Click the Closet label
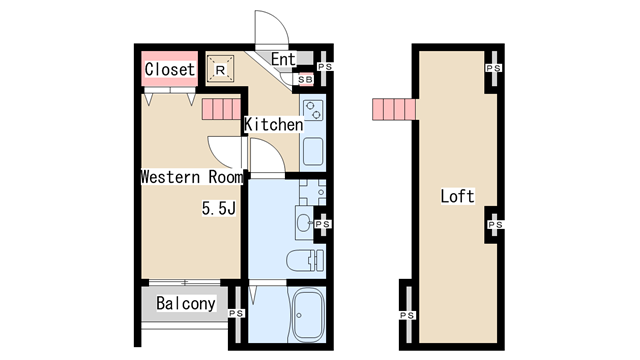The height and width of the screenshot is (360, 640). (x=169, y=69)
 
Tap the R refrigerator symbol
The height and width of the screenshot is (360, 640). (x=220, y=69)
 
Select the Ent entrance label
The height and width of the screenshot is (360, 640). (x=283, y=59)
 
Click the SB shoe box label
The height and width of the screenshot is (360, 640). (x=305, y=80)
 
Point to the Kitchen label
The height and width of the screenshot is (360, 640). (x=273, y=124)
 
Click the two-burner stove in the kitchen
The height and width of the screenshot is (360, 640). (x=313, y=110)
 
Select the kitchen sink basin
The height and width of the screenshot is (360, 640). (x=313, y=151)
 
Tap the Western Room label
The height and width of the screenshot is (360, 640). (x=192, y=177)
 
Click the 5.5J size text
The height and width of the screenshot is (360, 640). (x=219, y=209)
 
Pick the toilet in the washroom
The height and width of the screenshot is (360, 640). (x=305, y=260)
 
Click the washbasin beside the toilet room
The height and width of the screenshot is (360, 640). (x=304, y=223)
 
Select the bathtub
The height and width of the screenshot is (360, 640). (x=309, y=315)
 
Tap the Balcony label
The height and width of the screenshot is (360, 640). (x=186, y=303)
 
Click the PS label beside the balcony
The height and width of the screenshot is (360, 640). (x=236, y=313)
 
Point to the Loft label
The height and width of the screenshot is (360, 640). (x=457, y=196)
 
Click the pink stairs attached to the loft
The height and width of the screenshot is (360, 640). (x=394, y=109)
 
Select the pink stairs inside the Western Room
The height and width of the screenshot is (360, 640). (x=221, y=109)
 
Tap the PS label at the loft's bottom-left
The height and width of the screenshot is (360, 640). (x=407, y=315)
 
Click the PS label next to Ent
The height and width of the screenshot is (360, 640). (x=325, y=67)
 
